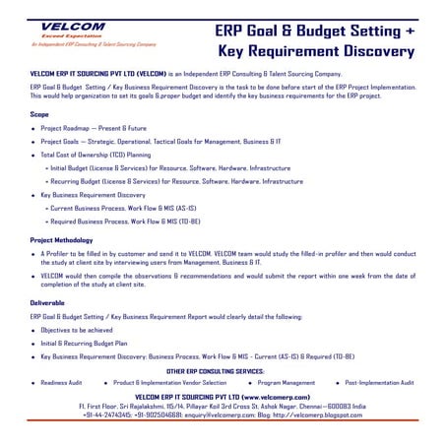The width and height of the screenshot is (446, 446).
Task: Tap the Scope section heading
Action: point(40,115)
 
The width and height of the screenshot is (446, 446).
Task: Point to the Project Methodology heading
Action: point(62,239)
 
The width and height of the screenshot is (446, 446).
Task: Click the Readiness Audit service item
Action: point(61,382)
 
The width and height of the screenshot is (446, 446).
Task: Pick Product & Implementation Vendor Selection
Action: point(169,382)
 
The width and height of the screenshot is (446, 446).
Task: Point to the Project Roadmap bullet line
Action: point(97,129)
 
